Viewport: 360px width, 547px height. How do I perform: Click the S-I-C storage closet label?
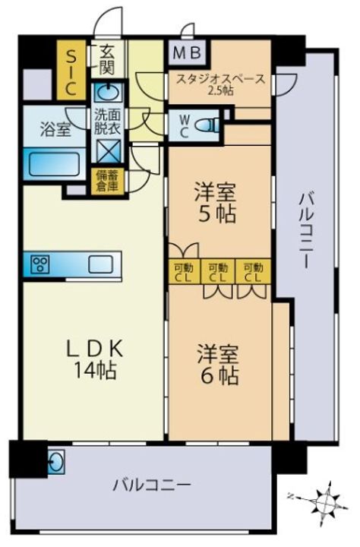[71, 72]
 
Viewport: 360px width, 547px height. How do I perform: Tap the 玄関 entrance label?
[106, 59]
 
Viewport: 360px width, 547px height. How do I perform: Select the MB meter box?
[188, 52]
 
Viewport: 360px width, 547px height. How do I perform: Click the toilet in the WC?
[207, 124]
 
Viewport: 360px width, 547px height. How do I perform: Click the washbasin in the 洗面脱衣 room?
[108, 93]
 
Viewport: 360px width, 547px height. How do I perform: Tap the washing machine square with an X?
[109, 151]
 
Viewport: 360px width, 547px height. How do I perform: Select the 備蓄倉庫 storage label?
[108, 181]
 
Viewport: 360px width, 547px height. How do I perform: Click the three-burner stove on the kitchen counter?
[40, 264]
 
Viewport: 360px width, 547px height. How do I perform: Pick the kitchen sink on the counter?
[100, 264]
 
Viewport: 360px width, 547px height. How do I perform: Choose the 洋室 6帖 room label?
[218, 364]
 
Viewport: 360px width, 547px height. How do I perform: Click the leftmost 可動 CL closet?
[184, 272]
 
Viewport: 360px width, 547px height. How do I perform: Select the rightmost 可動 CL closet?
[253, 272]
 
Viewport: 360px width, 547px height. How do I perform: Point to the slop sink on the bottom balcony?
[56, 462]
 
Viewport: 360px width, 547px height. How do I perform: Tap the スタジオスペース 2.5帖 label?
[220, 84]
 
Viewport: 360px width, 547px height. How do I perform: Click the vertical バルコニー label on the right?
[307, 231]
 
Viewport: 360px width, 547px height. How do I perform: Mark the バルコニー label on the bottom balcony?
[151, 485]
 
